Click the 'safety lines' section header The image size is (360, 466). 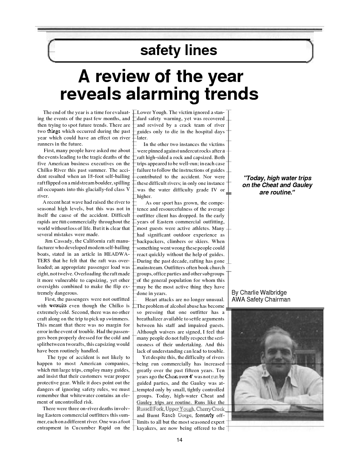click(179, 50)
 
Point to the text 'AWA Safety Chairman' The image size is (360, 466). click(261, 300)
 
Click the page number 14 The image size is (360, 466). click(180, 441)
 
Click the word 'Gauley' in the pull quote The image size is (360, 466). click(303, 185)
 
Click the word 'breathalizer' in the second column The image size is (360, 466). click(151, 319)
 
